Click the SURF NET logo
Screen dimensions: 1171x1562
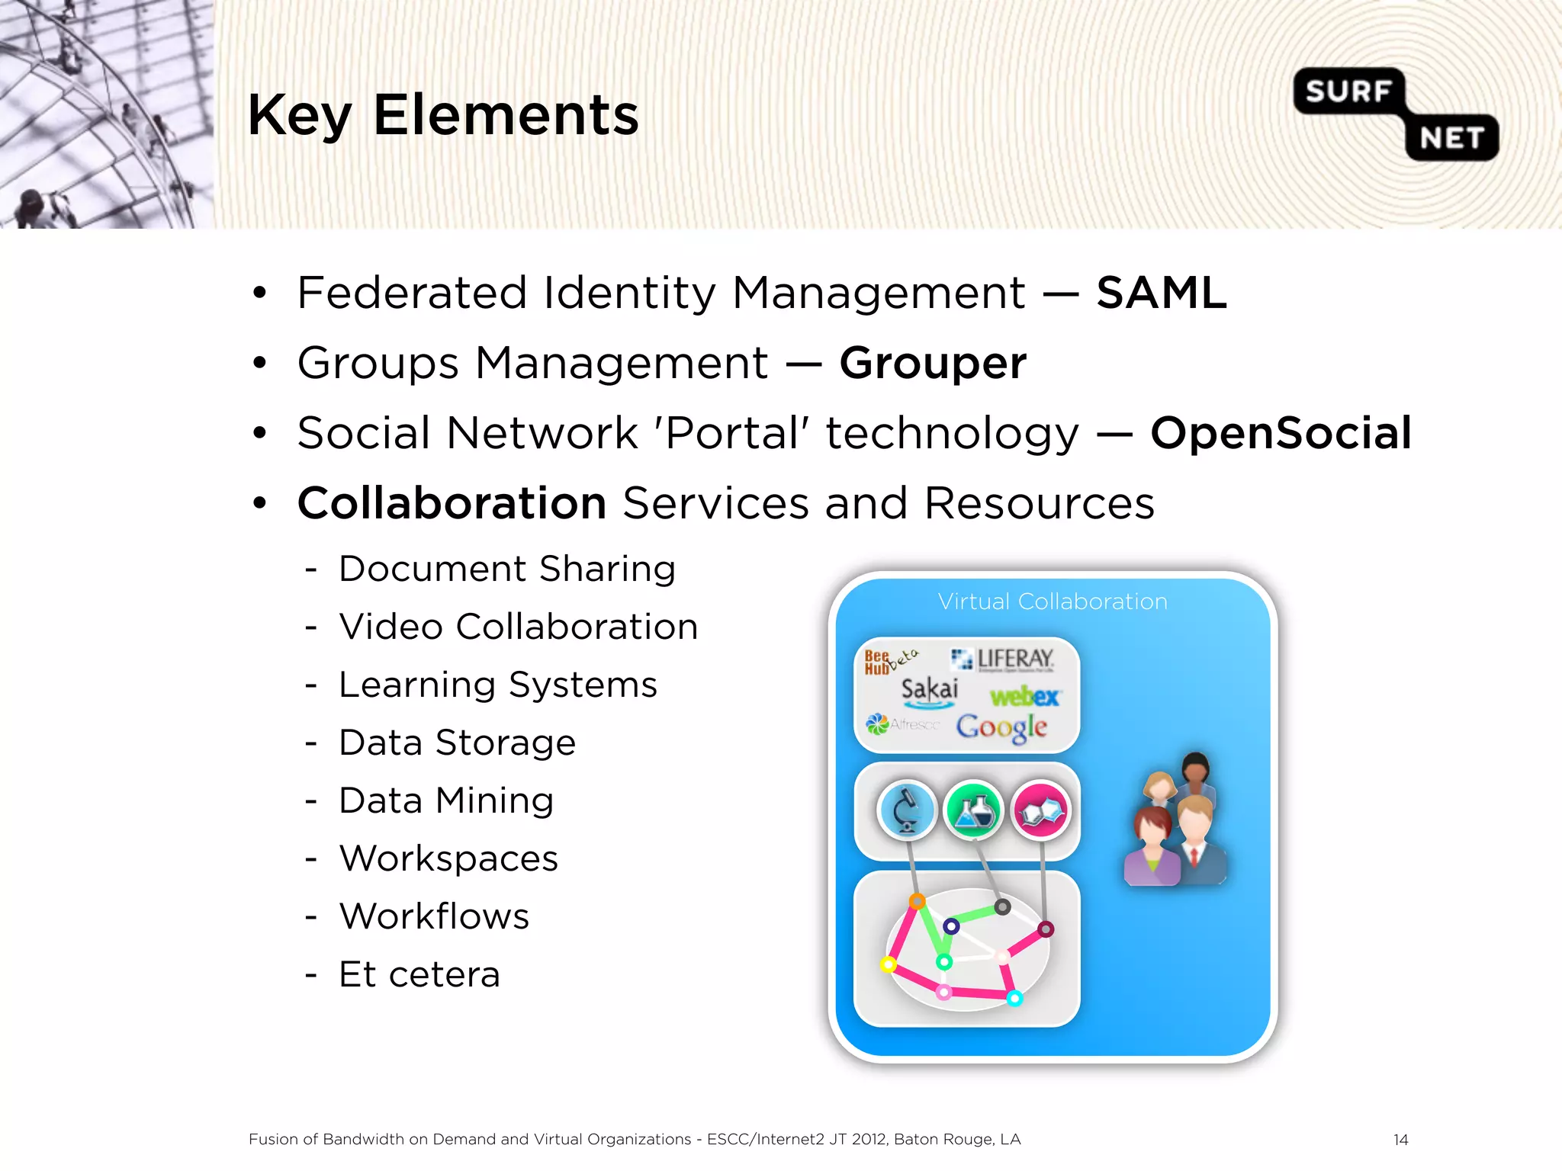1396,114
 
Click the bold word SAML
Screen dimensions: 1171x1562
1161,293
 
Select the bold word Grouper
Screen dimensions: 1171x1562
932,363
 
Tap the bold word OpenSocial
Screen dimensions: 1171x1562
1281,433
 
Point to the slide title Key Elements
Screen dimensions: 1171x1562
443,115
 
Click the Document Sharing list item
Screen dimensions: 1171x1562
507,569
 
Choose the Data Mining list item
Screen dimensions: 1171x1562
446,800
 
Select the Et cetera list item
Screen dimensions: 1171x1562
419,974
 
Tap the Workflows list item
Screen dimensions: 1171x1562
434,916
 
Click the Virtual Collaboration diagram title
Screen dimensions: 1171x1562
1053,602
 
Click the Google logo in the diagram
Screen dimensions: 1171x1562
1001,727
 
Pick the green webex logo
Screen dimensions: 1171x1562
1024,696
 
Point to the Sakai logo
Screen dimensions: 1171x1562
929,689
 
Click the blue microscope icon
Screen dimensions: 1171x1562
906,810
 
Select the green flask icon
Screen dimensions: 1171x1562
974,810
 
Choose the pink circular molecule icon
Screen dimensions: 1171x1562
1041,810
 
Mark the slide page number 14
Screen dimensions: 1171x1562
1400,1140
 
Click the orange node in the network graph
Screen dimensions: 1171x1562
918,901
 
